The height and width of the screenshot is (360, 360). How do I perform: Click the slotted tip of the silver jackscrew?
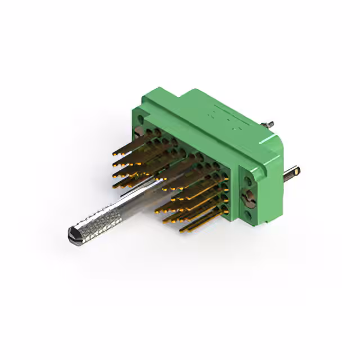(x=72, y=232)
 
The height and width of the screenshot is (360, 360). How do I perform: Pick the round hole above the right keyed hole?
(x=247, y=179)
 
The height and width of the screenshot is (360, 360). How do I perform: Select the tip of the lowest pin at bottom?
(x=182, y=231)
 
